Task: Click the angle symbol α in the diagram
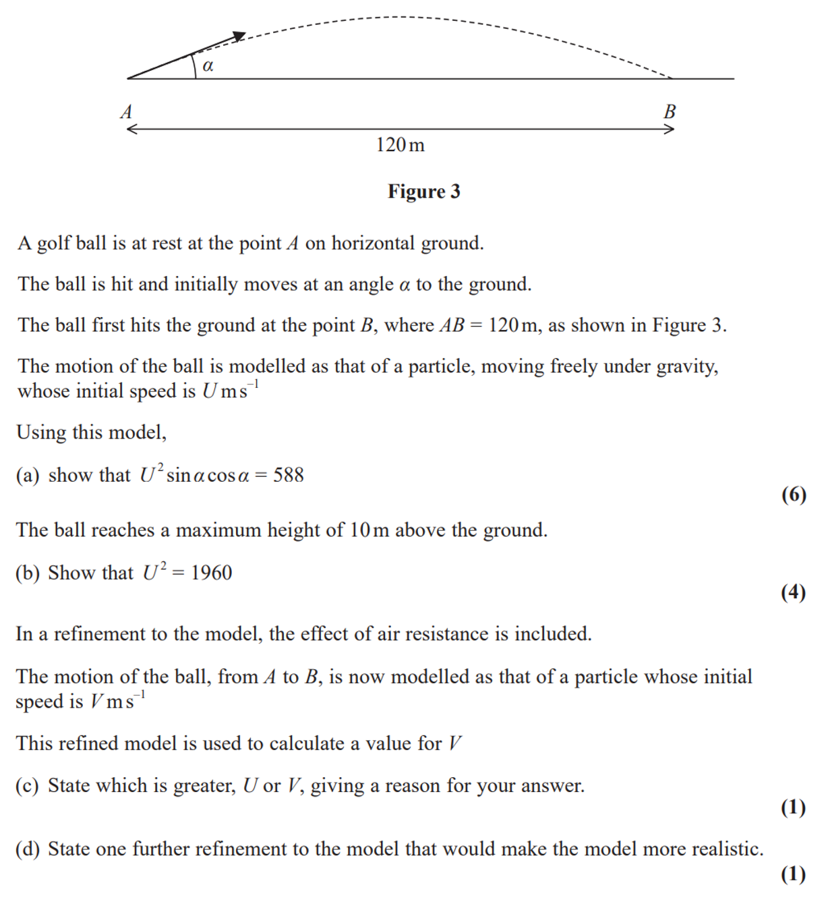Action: point(208,65)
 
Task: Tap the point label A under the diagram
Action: point(126,111)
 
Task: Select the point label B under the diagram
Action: point(669,111)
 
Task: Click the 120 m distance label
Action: point(401,145)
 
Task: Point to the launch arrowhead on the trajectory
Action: point(239,36)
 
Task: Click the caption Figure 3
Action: point(423,192)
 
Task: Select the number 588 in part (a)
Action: point(289,475)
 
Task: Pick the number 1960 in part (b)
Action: point(211,573)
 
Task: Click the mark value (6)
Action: point(794,494)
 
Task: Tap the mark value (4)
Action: point(794,592)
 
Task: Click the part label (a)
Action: point(28,476)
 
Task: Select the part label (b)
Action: point(28,573)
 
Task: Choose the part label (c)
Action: point(28,786)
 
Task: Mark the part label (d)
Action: point(28,849)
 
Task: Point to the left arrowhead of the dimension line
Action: point(130,129)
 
